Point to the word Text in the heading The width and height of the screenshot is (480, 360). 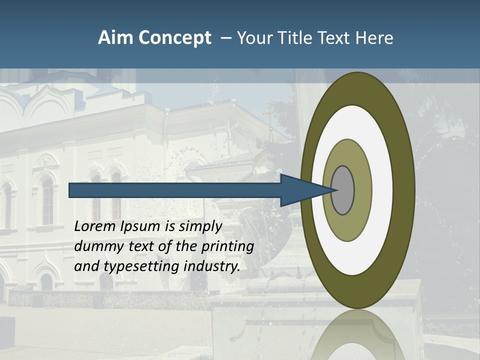click(x=335, y=38)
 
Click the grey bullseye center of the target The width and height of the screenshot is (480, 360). click(x=343, y=190)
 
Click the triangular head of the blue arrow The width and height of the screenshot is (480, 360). click(x=300, y=190)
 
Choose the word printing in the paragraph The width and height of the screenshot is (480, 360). click(x=227, y=247)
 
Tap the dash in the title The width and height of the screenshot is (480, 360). click(x=225, y=38)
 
